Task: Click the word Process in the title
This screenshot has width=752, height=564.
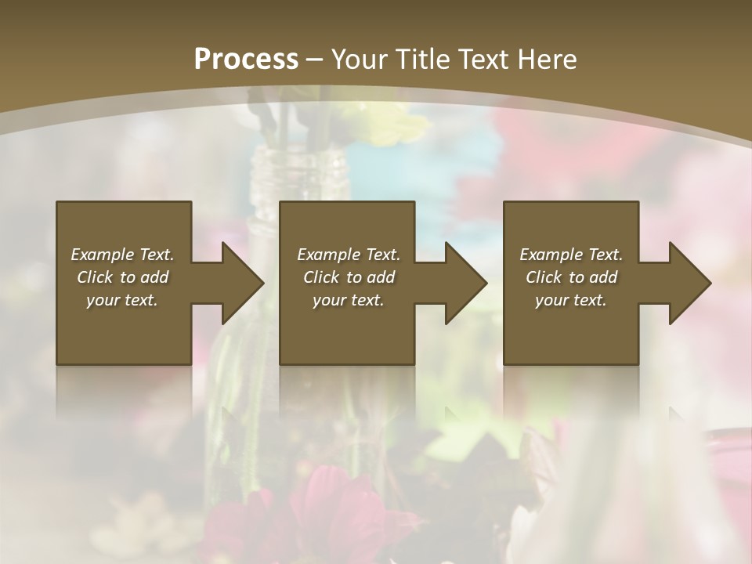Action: [246, 60]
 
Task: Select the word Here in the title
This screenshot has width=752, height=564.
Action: [547, 60]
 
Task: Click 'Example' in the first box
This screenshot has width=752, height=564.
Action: [103, 255]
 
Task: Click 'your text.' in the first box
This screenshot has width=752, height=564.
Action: [122, 300]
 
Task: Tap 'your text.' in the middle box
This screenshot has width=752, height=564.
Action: [348, 300]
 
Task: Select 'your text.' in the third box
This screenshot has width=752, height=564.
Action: [570, 300]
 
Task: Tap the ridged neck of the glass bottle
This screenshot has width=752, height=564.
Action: [298, 168]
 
